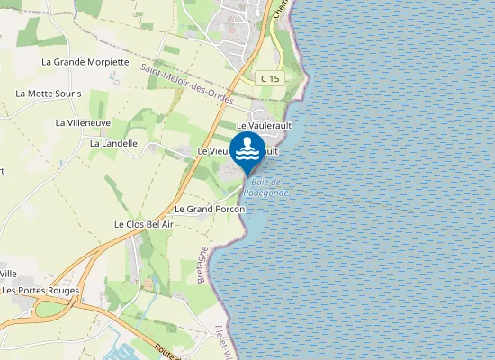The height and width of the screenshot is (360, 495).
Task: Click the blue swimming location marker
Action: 247,150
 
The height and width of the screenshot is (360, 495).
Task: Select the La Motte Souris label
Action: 49,94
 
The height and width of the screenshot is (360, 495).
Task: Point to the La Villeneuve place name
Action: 83,122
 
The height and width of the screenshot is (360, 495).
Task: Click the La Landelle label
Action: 113,143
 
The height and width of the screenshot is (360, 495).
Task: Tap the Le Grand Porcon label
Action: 210,209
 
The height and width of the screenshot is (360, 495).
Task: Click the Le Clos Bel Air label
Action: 143,223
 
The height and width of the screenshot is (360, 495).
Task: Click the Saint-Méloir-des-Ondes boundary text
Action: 188,84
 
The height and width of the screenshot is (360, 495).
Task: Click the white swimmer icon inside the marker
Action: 247,147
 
